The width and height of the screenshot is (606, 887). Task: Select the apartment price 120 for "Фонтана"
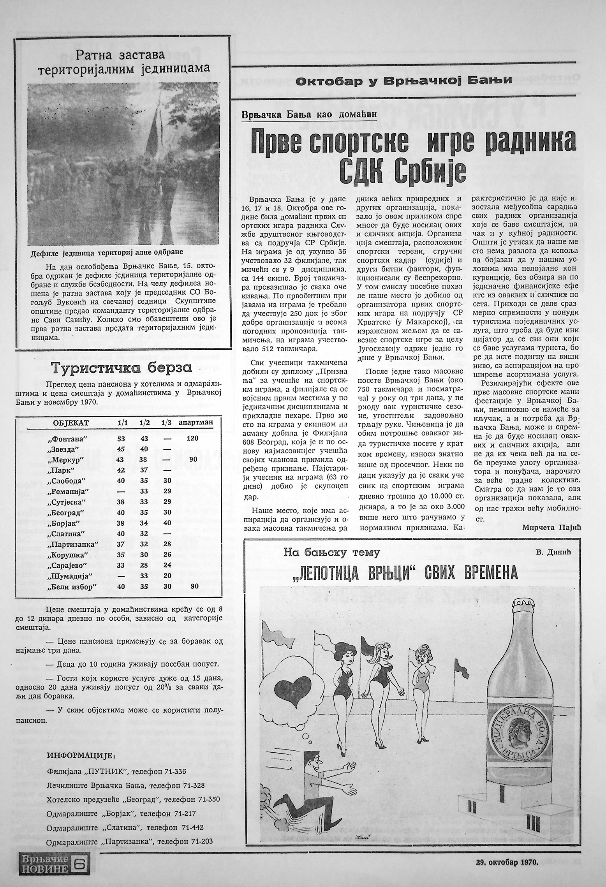[x=192, y=438]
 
